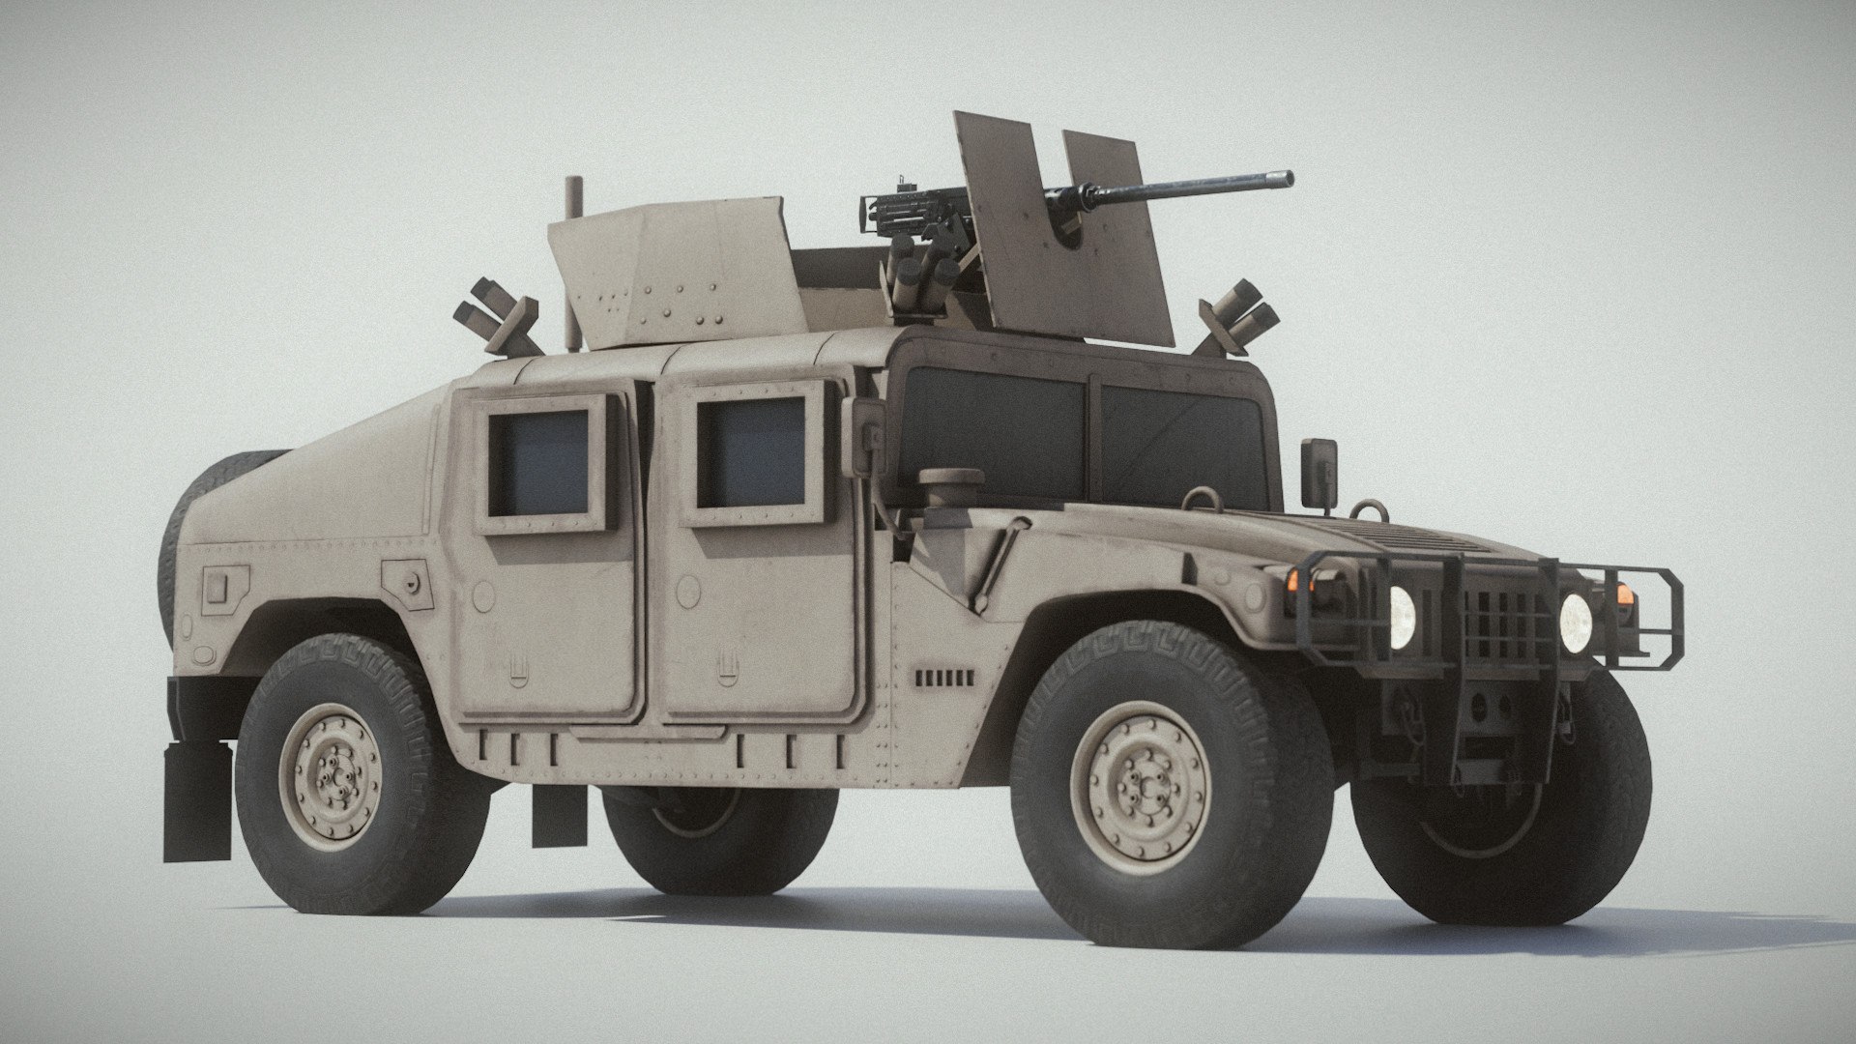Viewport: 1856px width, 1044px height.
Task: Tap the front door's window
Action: coord(750,452)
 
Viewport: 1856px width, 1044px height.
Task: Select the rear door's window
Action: coord(539,462)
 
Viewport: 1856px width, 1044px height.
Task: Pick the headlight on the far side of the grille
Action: coord(1574,616)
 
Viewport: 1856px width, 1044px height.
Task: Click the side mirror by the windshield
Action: coord(1319,473)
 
